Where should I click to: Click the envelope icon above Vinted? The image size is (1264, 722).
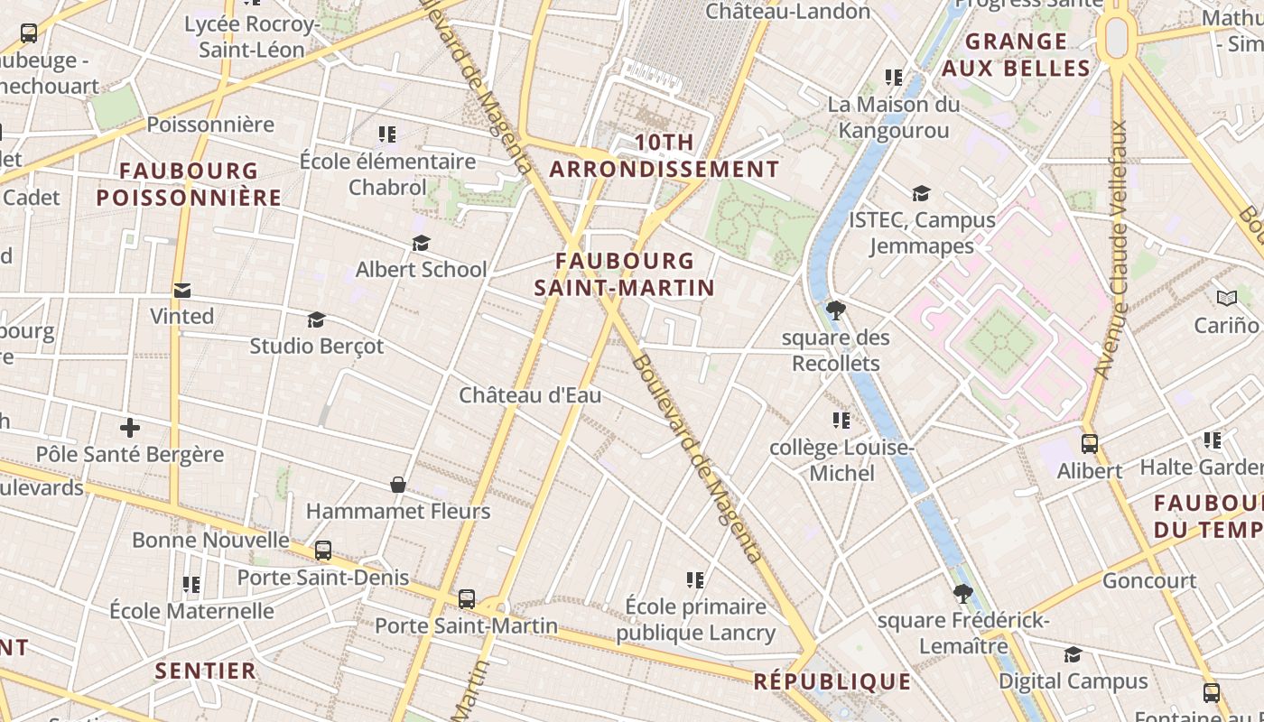coord(182,290)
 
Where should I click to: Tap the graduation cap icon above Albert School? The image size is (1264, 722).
coord(421,243)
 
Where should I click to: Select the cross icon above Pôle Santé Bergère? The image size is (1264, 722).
coord(130,427)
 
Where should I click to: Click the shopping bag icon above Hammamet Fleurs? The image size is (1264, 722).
coord(397,485)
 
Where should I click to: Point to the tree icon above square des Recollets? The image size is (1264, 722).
coord(836,310)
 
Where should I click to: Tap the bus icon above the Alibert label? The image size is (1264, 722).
coord(1090,444)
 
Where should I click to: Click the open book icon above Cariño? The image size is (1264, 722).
coord(1226,299)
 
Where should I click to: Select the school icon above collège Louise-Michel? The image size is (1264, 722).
coord(841,421)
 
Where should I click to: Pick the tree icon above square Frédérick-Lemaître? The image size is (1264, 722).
coord(963,594)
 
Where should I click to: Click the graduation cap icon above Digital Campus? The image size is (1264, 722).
coord(1073,654)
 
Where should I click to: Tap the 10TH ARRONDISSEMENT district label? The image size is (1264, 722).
coord(665,156)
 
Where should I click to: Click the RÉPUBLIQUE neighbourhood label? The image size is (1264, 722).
coord(832,681)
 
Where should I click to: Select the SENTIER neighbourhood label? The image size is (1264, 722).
coord(206,671)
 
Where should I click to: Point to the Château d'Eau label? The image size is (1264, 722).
coord(530,395)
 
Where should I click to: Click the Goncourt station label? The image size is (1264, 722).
coord(1149,580)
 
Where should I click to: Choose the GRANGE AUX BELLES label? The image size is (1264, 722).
coord(1016,55)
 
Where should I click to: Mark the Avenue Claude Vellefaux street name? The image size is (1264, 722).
coord(1111,248)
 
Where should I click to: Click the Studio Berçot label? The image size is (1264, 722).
coord(316,346)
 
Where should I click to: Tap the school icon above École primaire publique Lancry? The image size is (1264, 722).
coord(695,579)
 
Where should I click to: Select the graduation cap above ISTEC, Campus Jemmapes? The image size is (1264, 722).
coord(921,193)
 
